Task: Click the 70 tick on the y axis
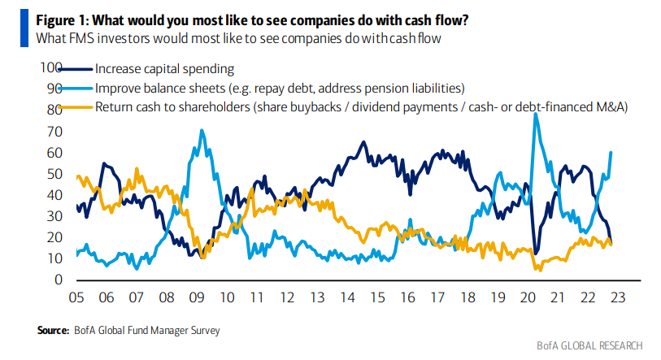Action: (55, 131)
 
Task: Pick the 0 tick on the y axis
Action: (59, 280)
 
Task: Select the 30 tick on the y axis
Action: (55, 216)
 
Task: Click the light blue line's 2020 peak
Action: (536, 114)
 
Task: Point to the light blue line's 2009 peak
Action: (202, 130)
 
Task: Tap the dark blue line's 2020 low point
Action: (536, 253)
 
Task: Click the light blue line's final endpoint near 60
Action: (611, 152)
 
